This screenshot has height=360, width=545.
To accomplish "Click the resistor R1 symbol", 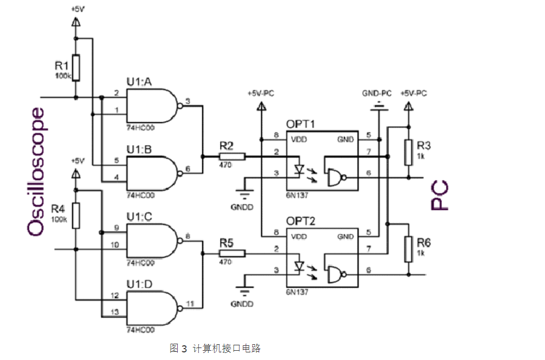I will click(x=76, y=67).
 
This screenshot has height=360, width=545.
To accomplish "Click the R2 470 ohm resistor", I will click(x=232, y=157).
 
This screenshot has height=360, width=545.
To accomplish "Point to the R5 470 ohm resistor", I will click(x=232, y=253).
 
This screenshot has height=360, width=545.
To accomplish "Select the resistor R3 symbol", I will click(x=408, y=152).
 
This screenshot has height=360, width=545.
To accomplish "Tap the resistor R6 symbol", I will click(x=408, y=249).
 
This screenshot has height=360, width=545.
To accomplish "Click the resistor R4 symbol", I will click(x=76, y=216).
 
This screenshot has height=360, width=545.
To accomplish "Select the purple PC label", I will click(x=440, y=197).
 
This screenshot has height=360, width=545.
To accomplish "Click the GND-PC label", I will click(x=377, y=94).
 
